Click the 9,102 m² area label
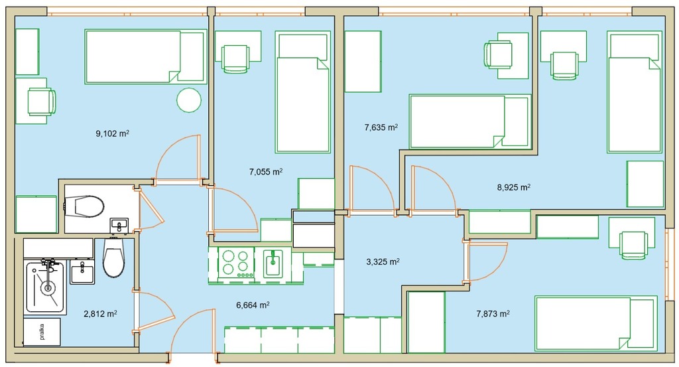[x=112, y=133]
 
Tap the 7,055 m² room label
[x=265, y=172]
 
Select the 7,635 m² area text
[x=381, y=127]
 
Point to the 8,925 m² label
[x=514, y=188]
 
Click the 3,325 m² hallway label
[x=383, y=261]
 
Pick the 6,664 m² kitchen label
[x=253, y=305]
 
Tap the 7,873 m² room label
[x=493, y=314]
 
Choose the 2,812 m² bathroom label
[x=100, y=313]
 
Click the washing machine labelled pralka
[x=42, y=332]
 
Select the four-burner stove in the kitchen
[x=237, y=263]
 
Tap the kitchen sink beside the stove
[x=273, y=263]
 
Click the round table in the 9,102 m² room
[x=189, y=100]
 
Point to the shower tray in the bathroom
[x=45, y=287]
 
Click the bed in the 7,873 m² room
[x=596, y=323]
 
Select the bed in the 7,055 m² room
[x=302, y=92]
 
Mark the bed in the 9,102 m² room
[x=145, y=56]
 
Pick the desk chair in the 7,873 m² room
[x=633, y=246]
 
